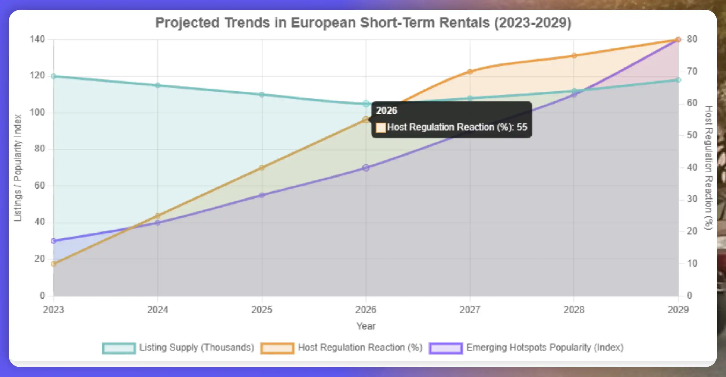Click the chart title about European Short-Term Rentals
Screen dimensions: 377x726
363,23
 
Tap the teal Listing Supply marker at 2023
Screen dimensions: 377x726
54,76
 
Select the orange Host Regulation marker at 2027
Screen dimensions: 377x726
470,72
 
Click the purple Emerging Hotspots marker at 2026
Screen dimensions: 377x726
366,168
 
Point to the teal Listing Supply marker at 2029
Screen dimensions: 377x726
678,80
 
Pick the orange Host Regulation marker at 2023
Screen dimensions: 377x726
54,264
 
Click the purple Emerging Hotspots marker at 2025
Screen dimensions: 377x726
262,195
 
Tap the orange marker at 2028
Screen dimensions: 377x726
574,56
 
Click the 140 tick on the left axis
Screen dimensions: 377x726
37,39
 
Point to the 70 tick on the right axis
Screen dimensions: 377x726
692,71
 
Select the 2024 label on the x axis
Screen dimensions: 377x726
157,310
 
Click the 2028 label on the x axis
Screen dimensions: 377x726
574,310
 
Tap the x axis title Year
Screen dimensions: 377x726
366,326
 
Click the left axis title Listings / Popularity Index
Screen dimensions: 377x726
18,168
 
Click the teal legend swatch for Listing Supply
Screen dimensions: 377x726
119,348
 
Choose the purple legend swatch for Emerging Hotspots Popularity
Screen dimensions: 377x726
446,348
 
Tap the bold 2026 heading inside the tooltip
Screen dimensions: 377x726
386,111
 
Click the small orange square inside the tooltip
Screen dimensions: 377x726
381,127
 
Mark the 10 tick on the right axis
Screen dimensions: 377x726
692,263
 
